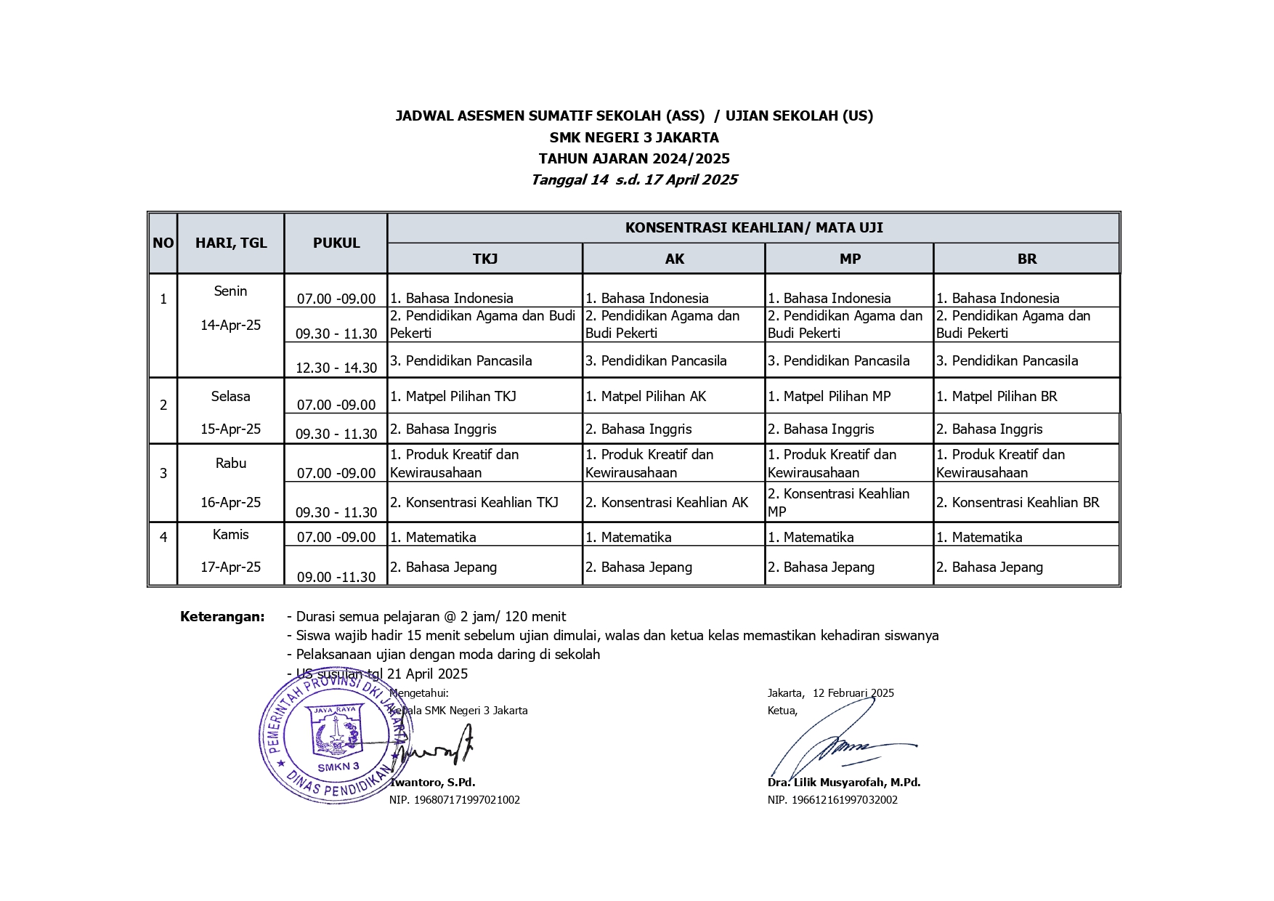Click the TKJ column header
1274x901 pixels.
pos(484,259)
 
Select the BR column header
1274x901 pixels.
pos(1026,259)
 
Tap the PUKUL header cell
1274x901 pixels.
pos(336,243)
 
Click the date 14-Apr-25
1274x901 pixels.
pos(230,325)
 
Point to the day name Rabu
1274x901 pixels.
pos(230,463)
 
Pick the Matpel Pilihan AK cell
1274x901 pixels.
pos(646,396)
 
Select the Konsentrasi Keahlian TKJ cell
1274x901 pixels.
pos(474,502)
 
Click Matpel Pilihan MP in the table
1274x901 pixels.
pos(829,396)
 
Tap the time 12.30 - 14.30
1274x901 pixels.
pos(336,368)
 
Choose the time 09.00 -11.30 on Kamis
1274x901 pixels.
pos(336,577)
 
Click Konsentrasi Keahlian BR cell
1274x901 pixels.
pos(1018,502)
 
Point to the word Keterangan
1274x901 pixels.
pos(222,617)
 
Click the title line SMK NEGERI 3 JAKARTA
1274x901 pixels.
pos(634,137)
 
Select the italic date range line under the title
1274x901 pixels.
pos(634,179)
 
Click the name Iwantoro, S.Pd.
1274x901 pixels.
pos(432,783)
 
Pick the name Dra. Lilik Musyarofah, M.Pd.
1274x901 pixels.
pos(844,783)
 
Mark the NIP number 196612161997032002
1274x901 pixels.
pos(832,800)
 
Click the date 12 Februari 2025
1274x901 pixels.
pos(853,693)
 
